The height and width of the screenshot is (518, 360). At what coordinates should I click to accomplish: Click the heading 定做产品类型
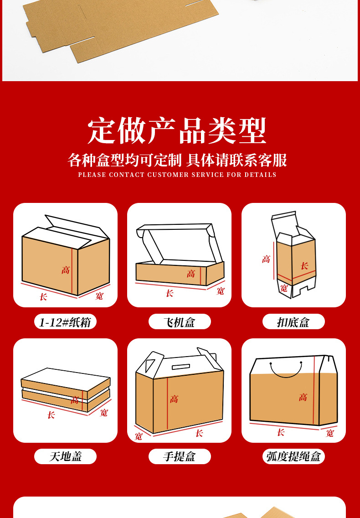pyautogui.click(x=177, y=130)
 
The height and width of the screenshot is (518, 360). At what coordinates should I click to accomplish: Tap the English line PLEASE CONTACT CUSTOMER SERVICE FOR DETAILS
pyautogui.click(x=177, y=175)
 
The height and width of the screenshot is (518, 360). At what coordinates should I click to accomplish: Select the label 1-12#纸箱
pyautogui.click(x=65, y=322)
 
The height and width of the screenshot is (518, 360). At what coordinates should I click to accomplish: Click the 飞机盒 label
pyautogui.click(x=180, y=322)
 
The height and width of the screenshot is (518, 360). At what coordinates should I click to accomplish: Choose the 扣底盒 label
pyautogui.click(x=293, y=322)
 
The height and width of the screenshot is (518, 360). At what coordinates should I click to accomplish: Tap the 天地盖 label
pyautogui.click(x=66, y=456)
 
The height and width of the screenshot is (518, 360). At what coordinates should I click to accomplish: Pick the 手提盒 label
pyautogui.click(x=180, y=456)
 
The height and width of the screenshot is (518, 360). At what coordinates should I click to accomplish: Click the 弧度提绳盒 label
pyautogui.click(x=293, y=456)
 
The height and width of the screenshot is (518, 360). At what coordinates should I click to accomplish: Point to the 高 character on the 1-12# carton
pyautogui.click(x=66, y=270)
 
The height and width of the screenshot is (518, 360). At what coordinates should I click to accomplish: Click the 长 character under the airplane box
pyautogui.click(x=170, y=293)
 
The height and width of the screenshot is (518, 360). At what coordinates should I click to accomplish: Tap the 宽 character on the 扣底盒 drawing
pyautogui.click(x=284, y=288)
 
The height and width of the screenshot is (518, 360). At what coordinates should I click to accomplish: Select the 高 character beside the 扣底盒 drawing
pyautogui.click(x=266, y=259)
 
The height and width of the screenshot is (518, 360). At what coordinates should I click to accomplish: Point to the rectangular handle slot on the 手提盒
pyautogui.click(x=180, y=367)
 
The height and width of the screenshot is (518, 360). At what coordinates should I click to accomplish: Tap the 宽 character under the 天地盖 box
pyautogui.click(x=104, y=413)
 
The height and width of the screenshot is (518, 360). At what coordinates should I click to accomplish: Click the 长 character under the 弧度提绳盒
pyautogui.click(x=281, y=432)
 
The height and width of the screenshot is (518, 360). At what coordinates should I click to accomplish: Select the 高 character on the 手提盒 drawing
pyautogui.click(x=174, y=399)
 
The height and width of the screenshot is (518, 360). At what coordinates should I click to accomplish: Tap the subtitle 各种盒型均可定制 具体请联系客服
pyautogui.click(x=177, y=160)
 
